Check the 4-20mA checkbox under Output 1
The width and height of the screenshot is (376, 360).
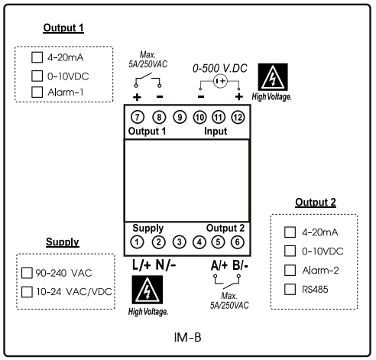pos(36,57)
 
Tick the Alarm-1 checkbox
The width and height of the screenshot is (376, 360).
pos(36,92)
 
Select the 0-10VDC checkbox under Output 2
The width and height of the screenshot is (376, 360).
pos(290,251)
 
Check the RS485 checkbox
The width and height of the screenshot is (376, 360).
pos(290,289)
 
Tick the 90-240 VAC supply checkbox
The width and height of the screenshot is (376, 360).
pos(28,272)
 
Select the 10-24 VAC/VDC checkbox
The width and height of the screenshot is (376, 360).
pos(28,291)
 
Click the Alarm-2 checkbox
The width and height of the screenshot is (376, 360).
pos(290,270)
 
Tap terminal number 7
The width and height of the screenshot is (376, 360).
pos(138,117)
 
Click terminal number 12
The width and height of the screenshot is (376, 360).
pos(238,117)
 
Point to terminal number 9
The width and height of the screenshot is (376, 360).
pos(180,117)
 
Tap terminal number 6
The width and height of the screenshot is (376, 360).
pos(238,242)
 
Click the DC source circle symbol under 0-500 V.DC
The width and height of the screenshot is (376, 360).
pos(220,81)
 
